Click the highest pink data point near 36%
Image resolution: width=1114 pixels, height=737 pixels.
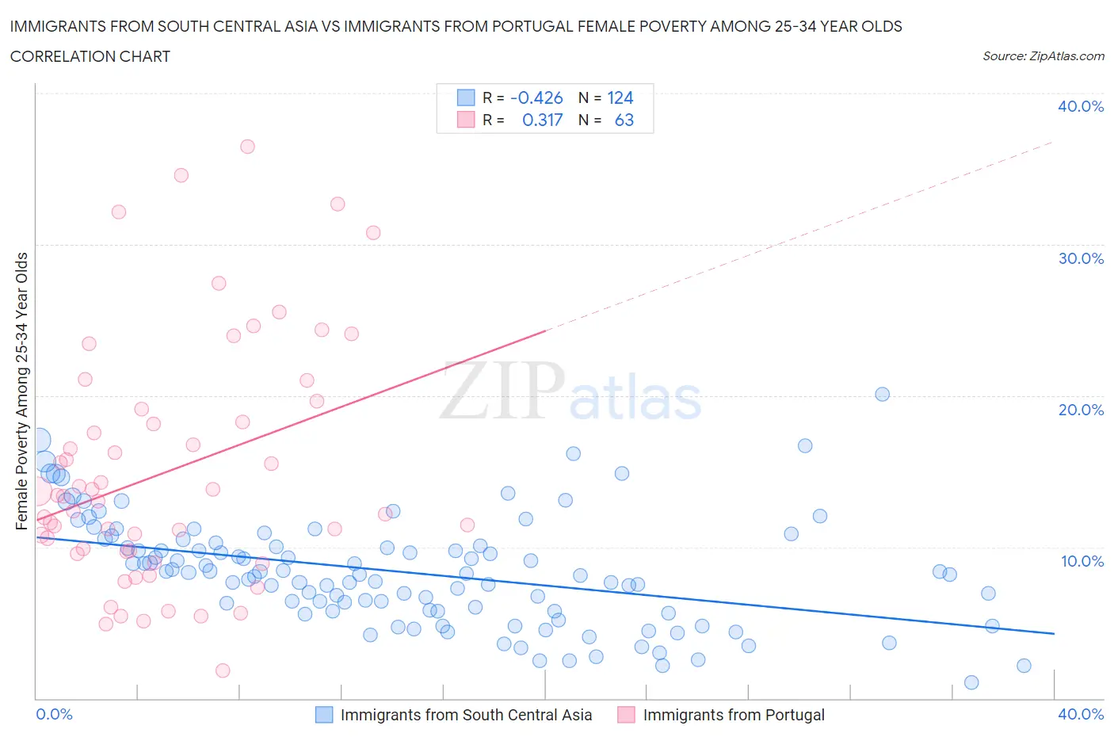(247, 147)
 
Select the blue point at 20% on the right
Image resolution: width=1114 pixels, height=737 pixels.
(882, 395)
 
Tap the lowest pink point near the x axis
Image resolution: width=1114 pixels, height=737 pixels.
(223, 670)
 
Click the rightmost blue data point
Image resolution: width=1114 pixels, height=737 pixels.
(1024, 666)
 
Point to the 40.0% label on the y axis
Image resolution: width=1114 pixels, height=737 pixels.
(1081, 106)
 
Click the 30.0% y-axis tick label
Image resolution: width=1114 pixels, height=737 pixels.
(1081, 258)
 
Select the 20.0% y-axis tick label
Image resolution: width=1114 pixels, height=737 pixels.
(1081, 410)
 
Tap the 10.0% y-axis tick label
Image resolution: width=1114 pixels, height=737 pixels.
(1081, 561)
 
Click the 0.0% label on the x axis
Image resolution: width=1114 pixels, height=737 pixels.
(55, 714)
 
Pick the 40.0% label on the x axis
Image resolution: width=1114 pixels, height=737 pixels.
(1081, 714)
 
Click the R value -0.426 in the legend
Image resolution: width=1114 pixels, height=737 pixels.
(536, 97)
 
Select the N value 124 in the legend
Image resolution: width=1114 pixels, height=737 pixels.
(620, 97)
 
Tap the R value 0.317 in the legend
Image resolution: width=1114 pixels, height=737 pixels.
(542, 120)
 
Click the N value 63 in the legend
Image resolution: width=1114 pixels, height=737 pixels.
(624, 120)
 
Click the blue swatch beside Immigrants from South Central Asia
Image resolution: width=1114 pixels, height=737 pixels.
(324, 715)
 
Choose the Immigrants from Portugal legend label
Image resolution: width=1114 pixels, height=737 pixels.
(734, 715)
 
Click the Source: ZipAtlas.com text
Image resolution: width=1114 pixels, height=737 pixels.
(1043, 55)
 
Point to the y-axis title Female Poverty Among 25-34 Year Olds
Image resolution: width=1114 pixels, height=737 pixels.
(22, 391)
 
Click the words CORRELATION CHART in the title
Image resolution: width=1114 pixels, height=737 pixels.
(90, 56)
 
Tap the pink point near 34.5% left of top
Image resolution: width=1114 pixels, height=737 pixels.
(181, 175)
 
